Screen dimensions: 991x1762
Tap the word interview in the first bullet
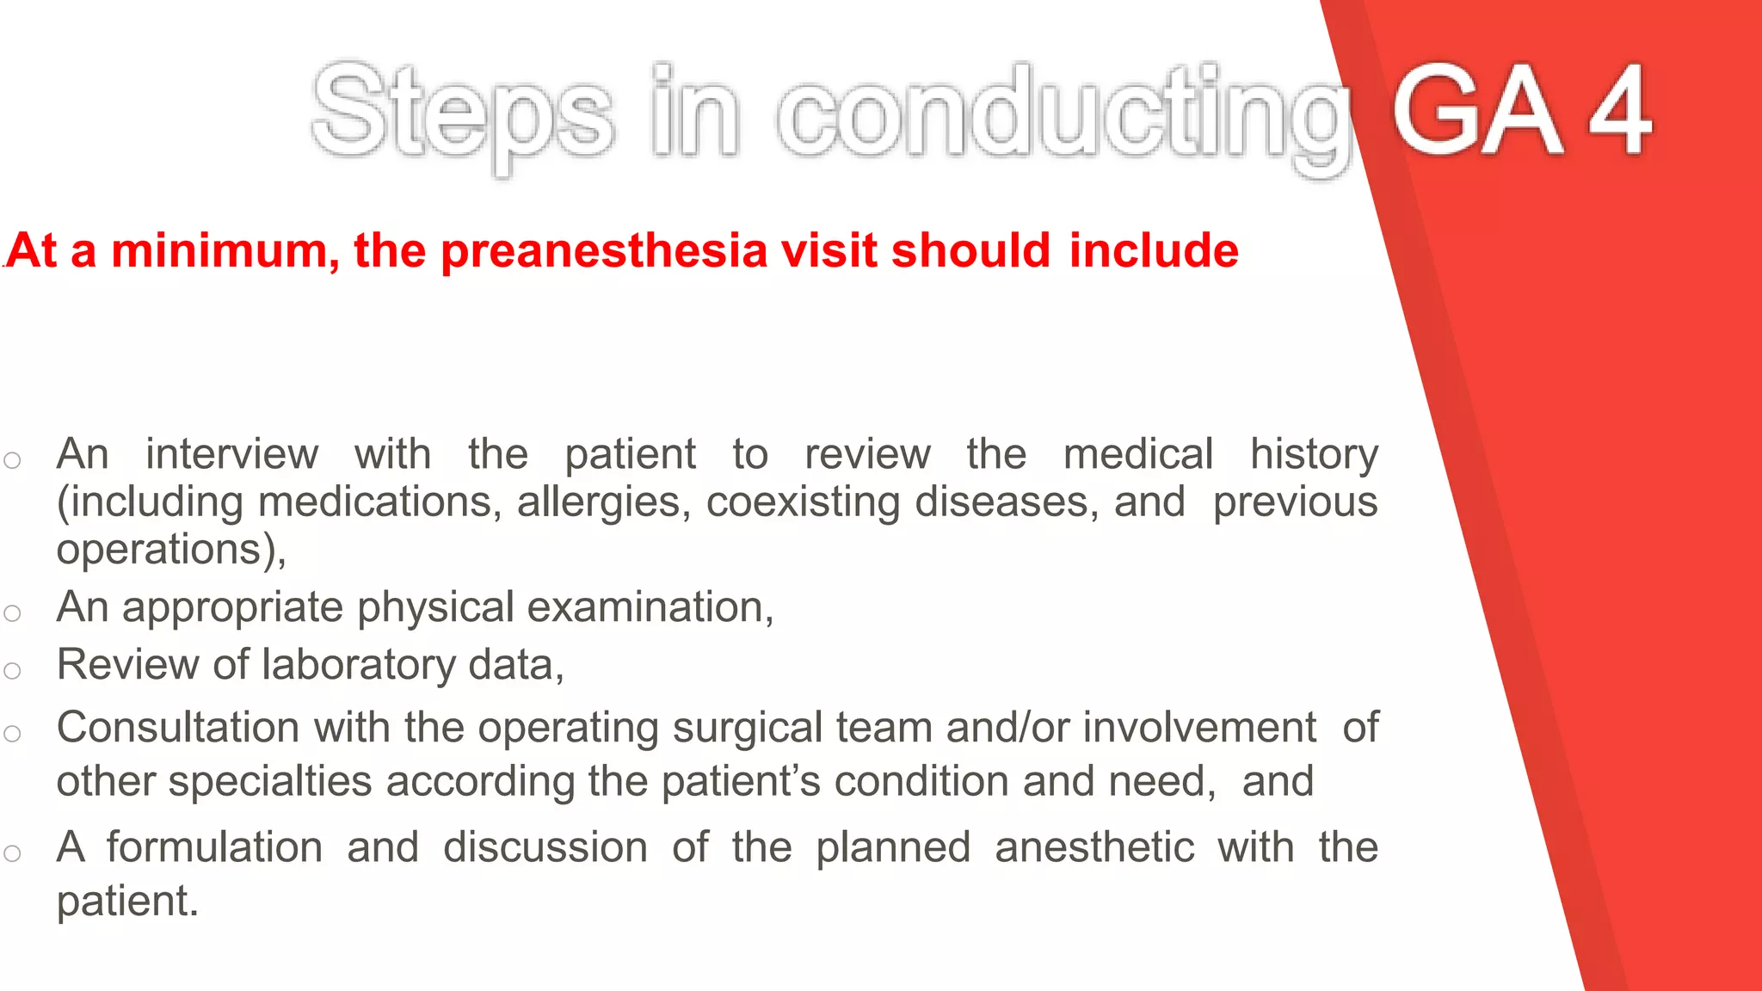[231, 453]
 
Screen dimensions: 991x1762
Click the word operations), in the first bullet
[171, 550]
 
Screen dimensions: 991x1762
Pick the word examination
[650, 607]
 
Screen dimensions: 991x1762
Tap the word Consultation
[177, 728]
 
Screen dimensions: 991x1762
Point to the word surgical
[748, 728]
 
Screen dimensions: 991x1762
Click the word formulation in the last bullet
[214, 847]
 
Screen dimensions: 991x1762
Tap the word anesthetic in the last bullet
[1094, 847]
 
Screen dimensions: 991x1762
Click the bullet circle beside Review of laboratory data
[12, 671]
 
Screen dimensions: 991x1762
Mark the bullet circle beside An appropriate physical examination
[12, 613]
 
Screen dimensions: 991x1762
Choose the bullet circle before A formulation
[12, 853]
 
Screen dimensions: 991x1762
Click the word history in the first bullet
[1314, 453]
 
